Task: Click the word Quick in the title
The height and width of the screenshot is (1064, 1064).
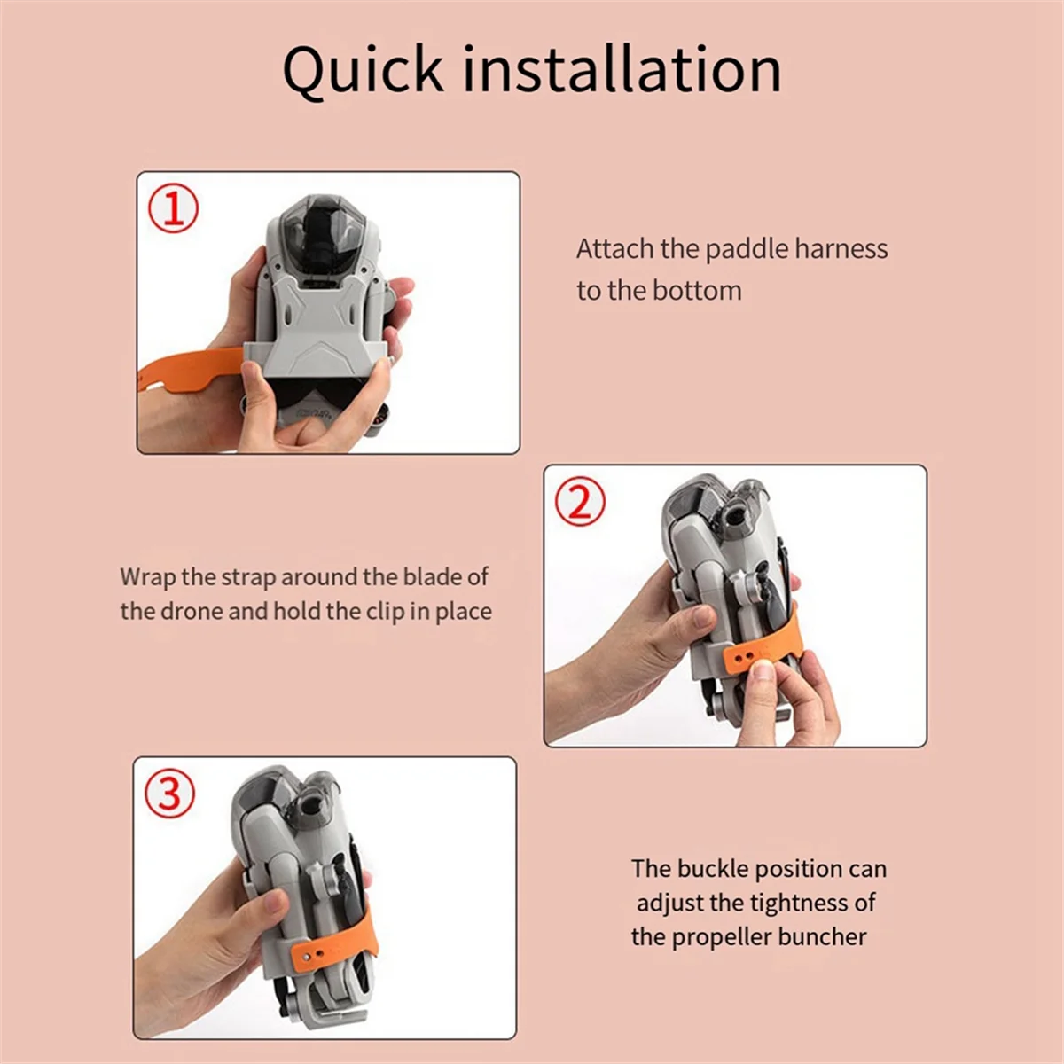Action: pyautogui.click(x=363, y=70)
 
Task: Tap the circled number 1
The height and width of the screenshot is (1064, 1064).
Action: pyautogui.click(x=173, y=209)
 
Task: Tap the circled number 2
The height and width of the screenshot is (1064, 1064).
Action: pyautogui.click(x=580, y=502)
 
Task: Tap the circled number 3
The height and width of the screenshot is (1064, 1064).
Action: pyautogui.click(x=169, y=794)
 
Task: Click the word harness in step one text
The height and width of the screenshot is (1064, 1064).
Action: pyautogui.click(x=841, y=249)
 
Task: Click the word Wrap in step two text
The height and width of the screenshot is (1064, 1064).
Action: pyautogui.click(x=148, y=577)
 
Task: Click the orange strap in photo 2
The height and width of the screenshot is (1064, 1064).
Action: pyautogui.click(x=758, y=652)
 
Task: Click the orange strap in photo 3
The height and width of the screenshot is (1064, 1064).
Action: pyautogui.click(x=332, y=948)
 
